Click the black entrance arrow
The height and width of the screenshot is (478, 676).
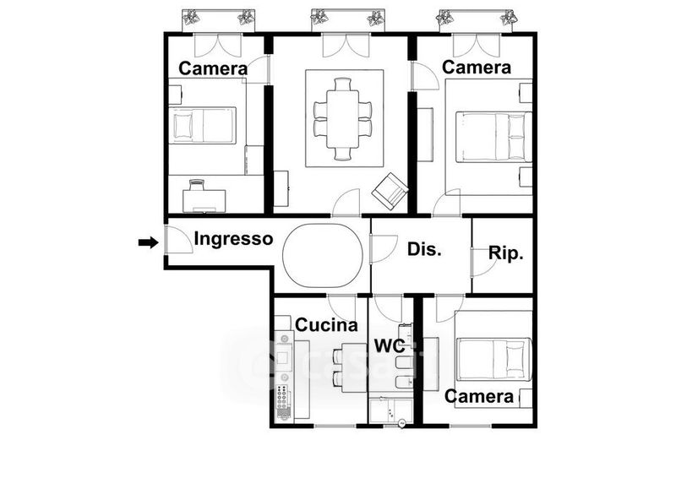(x=149, y=242)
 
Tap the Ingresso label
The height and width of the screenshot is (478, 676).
(x=233, y=239)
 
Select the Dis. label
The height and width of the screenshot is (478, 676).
(x=425, y=249)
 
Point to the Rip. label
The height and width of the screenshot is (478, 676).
(x=505, y=253)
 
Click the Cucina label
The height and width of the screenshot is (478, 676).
(x=326, y=324)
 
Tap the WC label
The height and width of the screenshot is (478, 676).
(x=390, y=345)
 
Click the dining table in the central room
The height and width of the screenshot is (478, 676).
(x=343, y=118)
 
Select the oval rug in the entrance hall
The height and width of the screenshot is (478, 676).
(x=323, y=255)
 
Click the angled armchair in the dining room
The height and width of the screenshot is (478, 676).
(x=390, y=192)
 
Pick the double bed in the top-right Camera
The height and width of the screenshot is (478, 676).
(x=494, y=137)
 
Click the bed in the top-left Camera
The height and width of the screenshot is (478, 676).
(x=202, y=125)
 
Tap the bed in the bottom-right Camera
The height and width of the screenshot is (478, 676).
(x=494, y=359)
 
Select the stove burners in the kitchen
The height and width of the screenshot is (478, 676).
(x=283, y=397)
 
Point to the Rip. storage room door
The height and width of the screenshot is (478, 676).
(x=482, y=262)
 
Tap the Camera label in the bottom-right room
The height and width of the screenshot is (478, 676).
(x=479, y=396)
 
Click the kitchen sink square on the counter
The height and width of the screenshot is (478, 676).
(x=283, y=358)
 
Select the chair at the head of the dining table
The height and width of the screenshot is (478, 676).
(x=343, y=84)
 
